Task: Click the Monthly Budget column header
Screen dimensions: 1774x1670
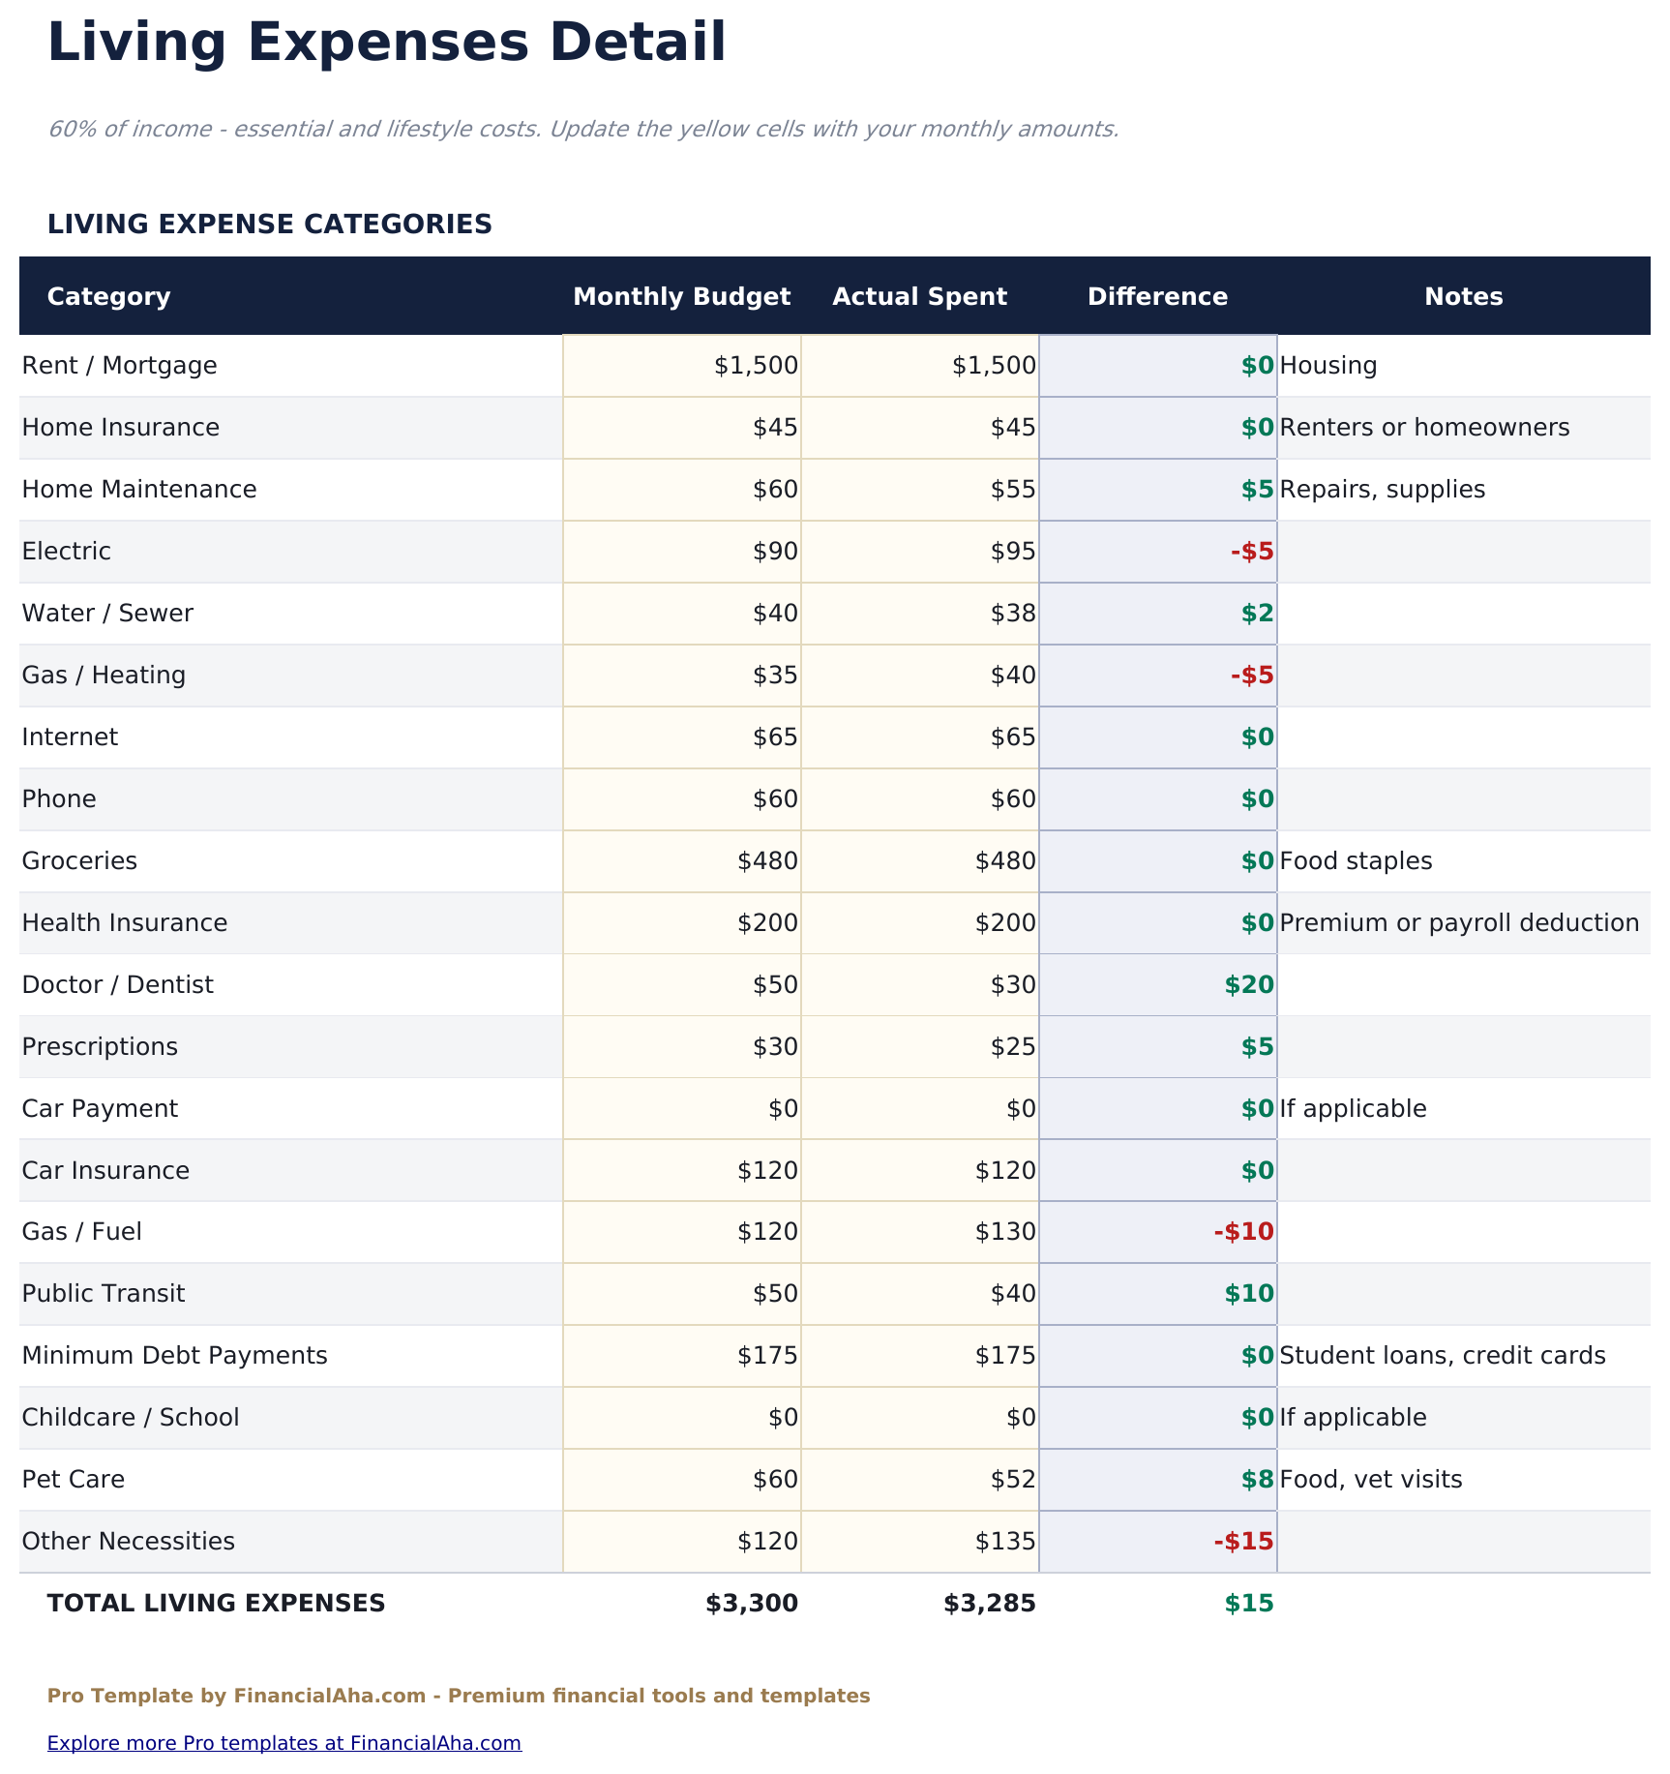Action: point(681,296)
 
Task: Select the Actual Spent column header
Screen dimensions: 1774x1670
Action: point(919,296)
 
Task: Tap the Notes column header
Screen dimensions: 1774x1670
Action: point(1463,296)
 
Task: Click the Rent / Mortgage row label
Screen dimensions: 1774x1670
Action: point(120,366)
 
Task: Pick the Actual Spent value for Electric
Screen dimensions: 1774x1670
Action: point(1012,552)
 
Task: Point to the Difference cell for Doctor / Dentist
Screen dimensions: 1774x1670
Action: point(1248,985)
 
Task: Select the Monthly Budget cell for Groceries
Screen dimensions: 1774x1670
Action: point(767,861)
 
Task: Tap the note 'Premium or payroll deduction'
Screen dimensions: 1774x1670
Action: point(1458,923)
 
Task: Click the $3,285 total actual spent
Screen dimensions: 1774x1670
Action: point(989,1604)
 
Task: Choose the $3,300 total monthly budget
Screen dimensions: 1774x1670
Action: point(752,1604)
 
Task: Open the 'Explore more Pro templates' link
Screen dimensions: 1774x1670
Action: point(283,1743)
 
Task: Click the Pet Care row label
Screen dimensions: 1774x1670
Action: point(74,1480)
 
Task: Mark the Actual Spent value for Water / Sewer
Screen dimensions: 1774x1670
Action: point(1012,614)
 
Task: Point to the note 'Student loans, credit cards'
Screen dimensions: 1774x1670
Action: point(1442,1356)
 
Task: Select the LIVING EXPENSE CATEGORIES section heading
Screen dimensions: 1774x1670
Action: point(269,225)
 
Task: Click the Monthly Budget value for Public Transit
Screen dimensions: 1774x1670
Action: point(775,1294)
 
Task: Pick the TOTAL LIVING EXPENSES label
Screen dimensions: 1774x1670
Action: point(216,1604)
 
